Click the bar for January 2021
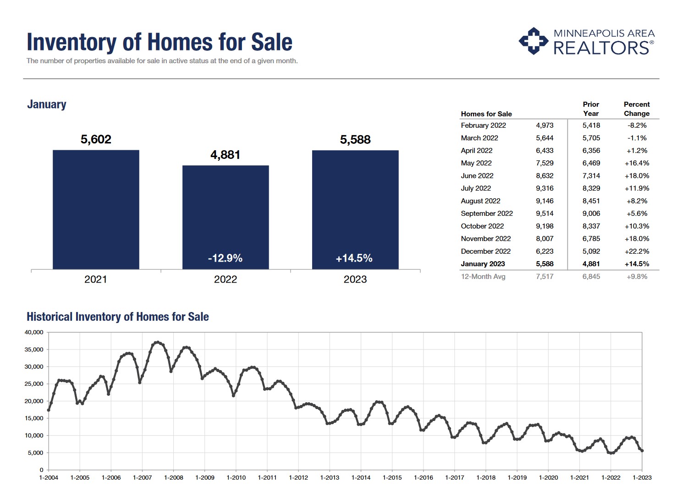tap(96, 209)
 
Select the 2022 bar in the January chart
tap(226, 217)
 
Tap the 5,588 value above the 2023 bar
tap(355, 140)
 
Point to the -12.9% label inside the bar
tap(225, 258)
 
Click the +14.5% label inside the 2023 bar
tap(354, 258)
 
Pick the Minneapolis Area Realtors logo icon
tap(533, 41)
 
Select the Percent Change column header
tap(637, 109)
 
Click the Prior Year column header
tap(591, 109)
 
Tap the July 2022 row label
tap(476, 188)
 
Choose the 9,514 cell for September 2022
tap(545, 213)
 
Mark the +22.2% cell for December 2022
tap(637, 251)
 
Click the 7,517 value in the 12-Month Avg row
tap(545, 277)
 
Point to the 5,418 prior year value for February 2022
tap(591, 126)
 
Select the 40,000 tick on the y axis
tap(34, 333)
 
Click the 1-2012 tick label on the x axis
tap(298, 478)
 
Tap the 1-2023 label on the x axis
tap(642, 478)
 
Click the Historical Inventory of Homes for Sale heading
tap(118, 317)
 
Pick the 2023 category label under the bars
tap(355, 279)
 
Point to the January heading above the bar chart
tap(47, 104)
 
